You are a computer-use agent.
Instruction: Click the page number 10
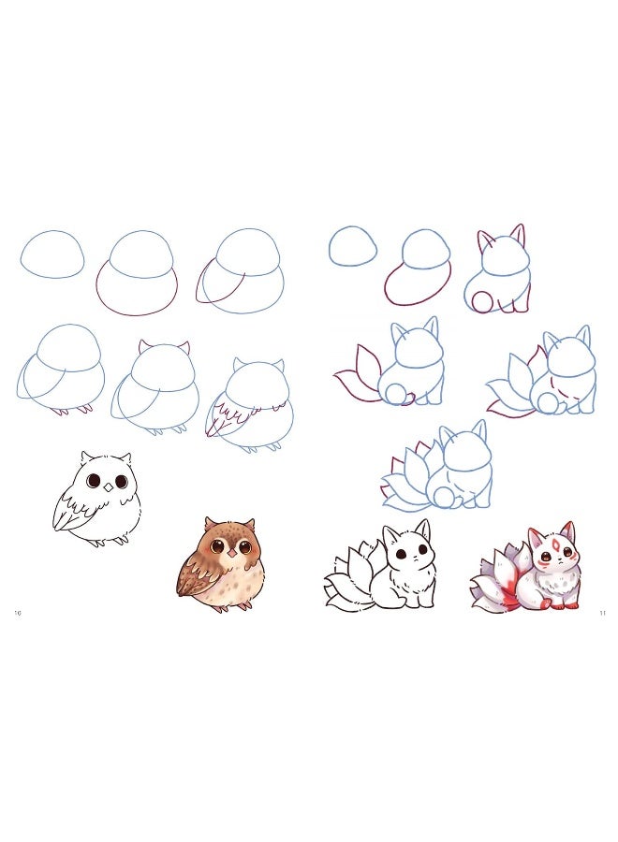point(18,613)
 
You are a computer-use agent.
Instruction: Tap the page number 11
point(603,613)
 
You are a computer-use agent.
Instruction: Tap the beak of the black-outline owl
point(109,486)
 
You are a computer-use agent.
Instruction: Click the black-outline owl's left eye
point(95,481)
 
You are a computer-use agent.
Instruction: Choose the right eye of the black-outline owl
point(122,481)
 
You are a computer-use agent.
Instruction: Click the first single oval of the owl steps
point(53,254)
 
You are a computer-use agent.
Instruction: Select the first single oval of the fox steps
point(353,246)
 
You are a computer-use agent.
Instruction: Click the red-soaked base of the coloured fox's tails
point(508,595)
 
